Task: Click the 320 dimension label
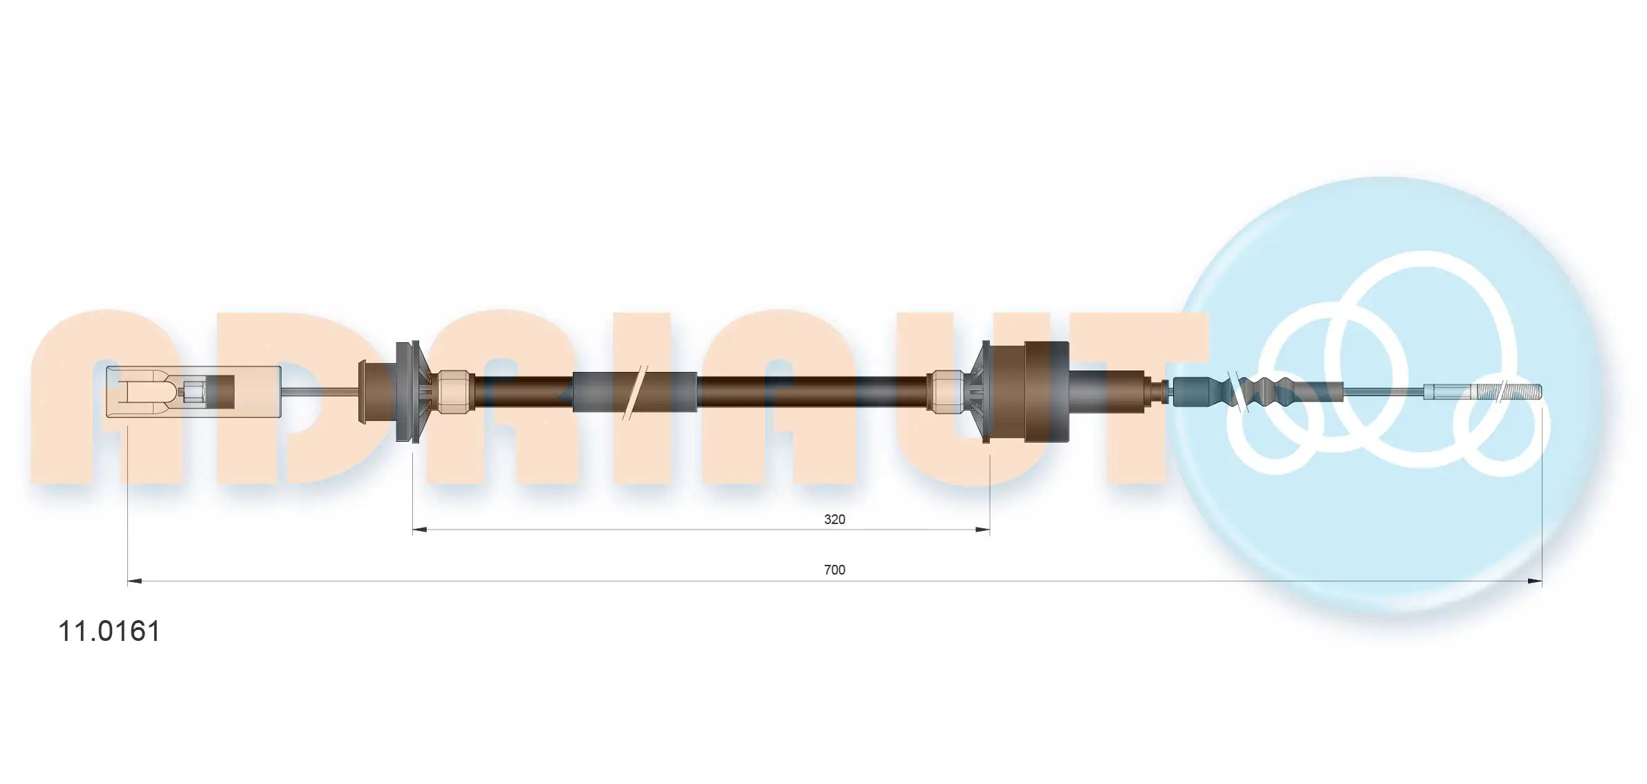click(834, 519)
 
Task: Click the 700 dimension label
click(834, 570)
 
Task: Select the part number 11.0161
click(109, 631)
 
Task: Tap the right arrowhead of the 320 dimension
click(982, 530)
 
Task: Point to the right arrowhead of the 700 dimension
click(1534, 581)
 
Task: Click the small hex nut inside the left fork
click(192, 393)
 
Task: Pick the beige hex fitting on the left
click(453, 392)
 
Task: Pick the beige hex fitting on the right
click(946, 392)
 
